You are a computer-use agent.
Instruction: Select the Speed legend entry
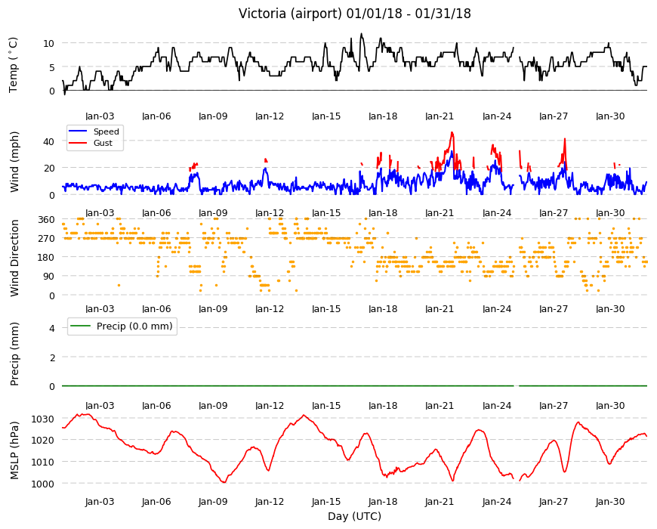pyautogui.click(x=94, y=131)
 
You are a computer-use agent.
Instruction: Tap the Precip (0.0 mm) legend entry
pyautogui.click(x=122, y=326)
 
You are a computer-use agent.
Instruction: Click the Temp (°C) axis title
pyautogui.click(x=14, y=65)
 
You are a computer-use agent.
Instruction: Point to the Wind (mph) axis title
pyautogui.click(x=14, y=162)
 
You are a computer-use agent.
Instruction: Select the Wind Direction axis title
pyautogui.click(x=14, y=258)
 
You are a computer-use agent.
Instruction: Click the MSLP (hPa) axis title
pyautogui.click(x=14, y=450)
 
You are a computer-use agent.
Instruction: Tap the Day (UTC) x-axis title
pyautogui.click(x=354, y=516)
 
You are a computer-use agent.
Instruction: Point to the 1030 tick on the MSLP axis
pyautogui.click(x=43, y=419)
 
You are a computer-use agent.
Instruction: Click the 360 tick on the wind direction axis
pyautogui.click(x=46, y=220)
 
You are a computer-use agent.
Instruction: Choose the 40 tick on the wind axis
pyautogui.click(x=48, y=141)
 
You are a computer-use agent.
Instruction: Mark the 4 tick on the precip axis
pyautogui.click(x=52, y=328)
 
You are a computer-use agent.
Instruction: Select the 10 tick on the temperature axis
pyautogui.click(x=48, y=43)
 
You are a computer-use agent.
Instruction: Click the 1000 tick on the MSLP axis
pyautogui.click(x=43, y=484)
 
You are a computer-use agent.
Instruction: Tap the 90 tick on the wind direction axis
pyautogui.click(x=49, y=277)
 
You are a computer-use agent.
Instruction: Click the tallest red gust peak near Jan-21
pyautogui.click(x=452, y=133)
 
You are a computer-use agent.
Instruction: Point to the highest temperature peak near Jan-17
pyautogui.click(x=361, y=34)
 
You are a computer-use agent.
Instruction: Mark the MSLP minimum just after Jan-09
pyautogui.click(x=224, y=482)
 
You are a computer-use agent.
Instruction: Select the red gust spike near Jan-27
pyautogui.click(x=565, y=139)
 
